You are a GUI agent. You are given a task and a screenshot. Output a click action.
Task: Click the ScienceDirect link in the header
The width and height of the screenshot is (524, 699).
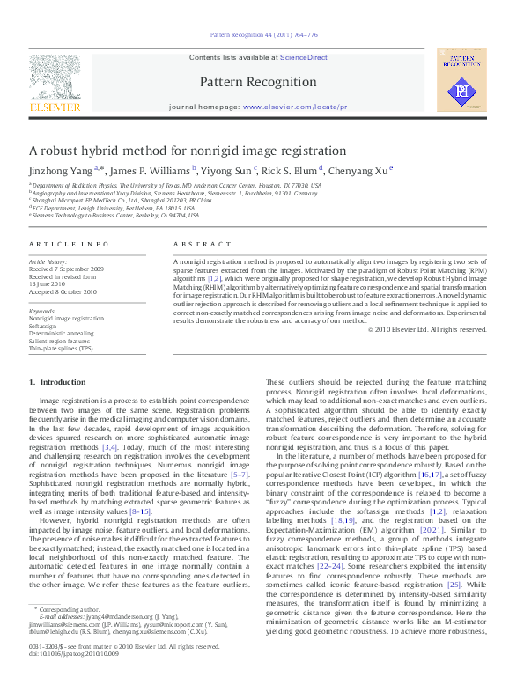point(304,57)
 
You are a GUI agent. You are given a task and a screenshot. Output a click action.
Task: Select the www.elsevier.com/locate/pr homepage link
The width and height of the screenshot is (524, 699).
point(294,107)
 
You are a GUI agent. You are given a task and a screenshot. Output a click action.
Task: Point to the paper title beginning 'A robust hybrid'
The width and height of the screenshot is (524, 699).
point(188,151)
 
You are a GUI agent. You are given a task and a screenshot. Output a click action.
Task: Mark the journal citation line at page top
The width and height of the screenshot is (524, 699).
point(262,34)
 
